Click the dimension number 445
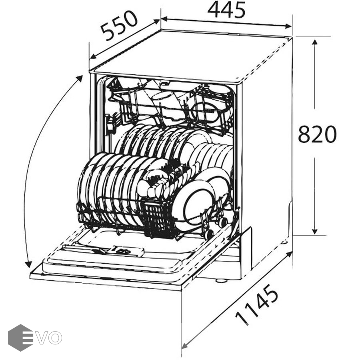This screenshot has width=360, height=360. [x=226, y=10]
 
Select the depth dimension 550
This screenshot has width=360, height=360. [x=119, y=26]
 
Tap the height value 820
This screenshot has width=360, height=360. [x=317, y=134]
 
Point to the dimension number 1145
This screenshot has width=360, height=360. [x=257, y=304]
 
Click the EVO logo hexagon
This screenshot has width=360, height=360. [x=20, y=338]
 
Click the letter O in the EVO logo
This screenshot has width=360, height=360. [x=55, y=338]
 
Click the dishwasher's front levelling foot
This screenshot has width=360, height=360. [x=221, y=280]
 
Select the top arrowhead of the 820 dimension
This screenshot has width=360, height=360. [x=315, y=42]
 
